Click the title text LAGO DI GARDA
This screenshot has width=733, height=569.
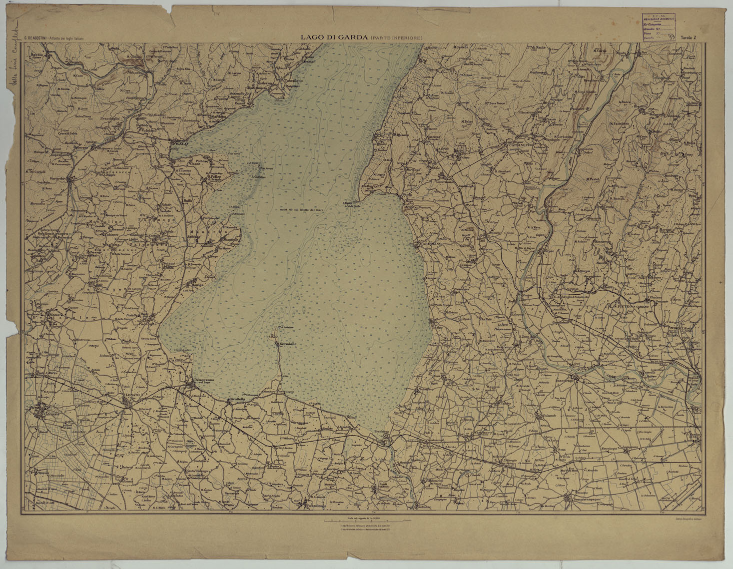pyautogui.click(x=334, y=37)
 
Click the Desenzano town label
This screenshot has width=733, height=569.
pyautogui.click(x=203, y=380)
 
